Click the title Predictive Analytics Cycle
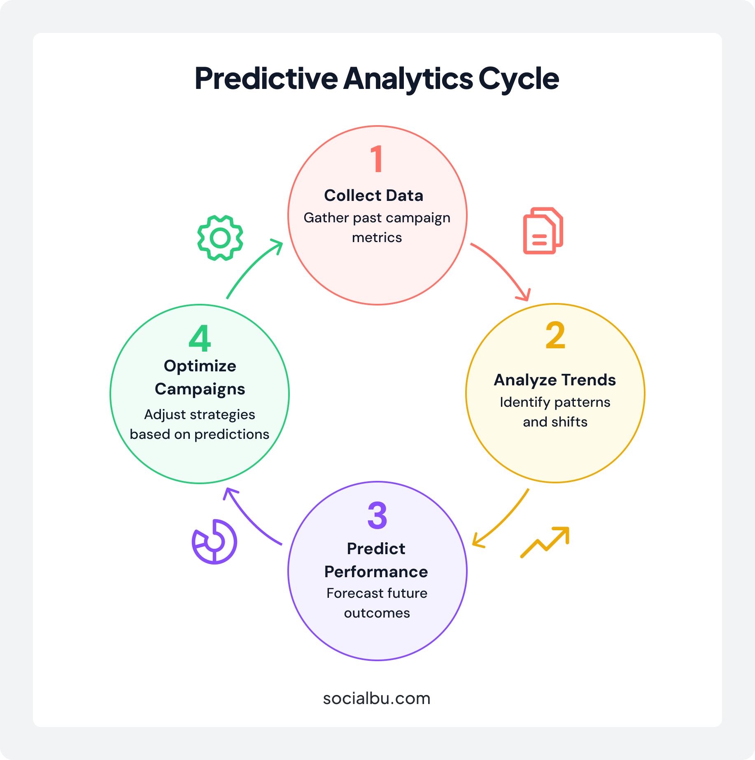point(377,78)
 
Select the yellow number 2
point(555,335)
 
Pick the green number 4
point(200,338)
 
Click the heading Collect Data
point(373,196)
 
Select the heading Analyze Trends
point(555,380)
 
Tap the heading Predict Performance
point(376,560)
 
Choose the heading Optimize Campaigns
point(200,378)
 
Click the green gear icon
point(220,238)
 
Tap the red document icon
point(543,231)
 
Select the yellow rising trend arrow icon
point(545,542)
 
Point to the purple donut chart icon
point(214,541)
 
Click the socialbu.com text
point(377,698)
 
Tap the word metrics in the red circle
point(377,238)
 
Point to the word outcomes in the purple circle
point(377,613)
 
